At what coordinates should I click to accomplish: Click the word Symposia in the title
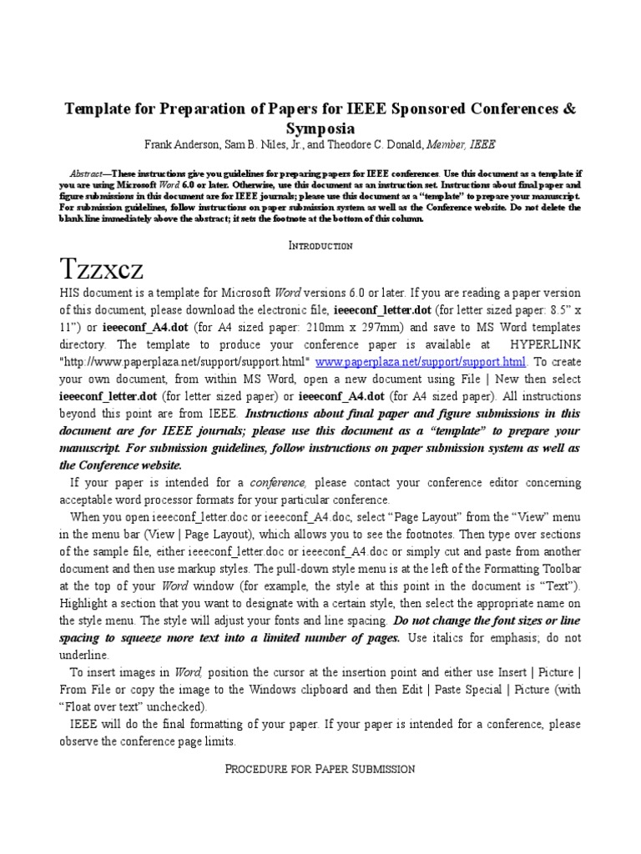[320, 128]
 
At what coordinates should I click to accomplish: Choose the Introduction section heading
[320, 246]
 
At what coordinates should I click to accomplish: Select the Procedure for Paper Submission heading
[320, 768]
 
